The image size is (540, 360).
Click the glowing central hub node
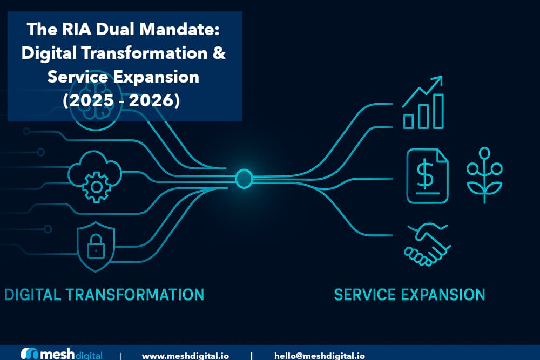point(244,179)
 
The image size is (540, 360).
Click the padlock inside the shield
point(96,248)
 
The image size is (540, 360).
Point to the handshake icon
point(427,244)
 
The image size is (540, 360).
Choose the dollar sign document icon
point(427,176)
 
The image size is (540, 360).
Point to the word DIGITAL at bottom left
point(32,295)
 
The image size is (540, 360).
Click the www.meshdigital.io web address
point(185,356)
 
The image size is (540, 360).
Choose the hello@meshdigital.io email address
point(319,356)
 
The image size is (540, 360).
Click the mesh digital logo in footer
point(61,355)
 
